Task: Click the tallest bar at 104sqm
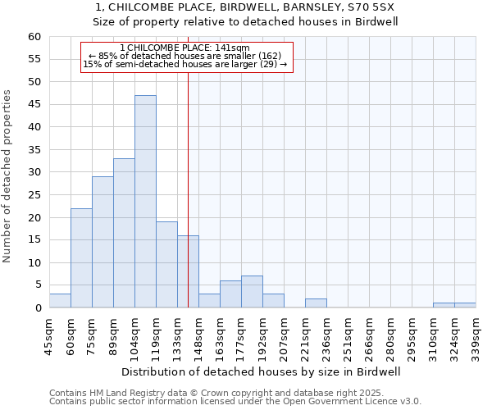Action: point(145,202)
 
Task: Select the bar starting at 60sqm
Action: point(81,258)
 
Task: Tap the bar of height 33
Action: point(124,234)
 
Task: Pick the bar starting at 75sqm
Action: point(102,243)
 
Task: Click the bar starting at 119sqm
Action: point(166,265)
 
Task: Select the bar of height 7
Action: point(252,292)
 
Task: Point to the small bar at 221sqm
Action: point(316,303)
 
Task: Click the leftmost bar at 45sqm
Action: point(60,301)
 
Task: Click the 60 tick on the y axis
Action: point(34,37)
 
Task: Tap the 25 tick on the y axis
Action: point(34,195)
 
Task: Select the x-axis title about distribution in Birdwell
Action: point(262,371)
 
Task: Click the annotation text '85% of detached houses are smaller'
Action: point(185,56)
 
